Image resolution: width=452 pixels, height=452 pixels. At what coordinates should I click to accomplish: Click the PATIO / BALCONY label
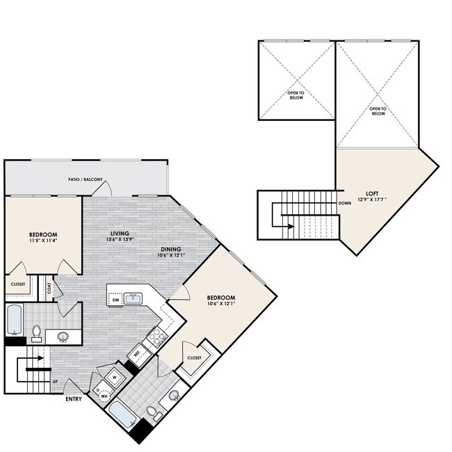point(86,180)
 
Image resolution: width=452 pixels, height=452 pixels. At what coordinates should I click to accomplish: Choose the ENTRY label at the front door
point(74,398)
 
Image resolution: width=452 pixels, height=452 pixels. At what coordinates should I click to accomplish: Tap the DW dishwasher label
point(116,300)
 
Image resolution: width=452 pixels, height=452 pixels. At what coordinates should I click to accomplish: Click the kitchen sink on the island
point(132,298)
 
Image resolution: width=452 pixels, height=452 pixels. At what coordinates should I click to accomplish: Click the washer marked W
point(116,378)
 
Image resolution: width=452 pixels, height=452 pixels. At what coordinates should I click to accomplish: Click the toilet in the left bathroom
point(35,334)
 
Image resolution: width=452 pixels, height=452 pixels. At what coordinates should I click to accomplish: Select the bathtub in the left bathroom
point(15,321)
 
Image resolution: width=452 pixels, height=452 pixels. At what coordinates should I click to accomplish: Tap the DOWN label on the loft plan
point(344,204)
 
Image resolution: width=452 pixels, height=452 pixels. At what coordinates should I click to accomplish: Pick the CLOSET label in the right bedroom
point(194,357)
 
